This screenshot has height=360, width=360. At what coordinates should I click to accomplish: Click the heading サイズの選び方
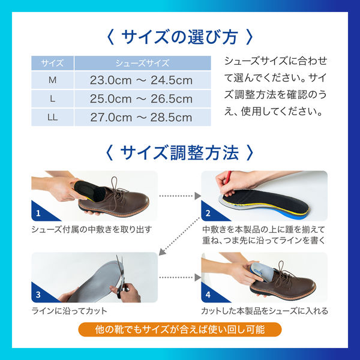(x=179, y=37)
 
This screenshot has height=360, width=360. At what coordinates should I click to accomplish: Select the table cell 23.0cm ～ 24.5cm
(x=142, y=80)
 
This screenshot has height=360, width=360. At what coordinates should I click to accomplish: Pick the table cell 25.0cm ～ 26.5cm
(x=142, y=99)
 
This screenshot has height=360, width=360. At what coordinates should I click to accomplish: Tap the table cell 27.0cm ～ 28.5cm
(x=142, y=118)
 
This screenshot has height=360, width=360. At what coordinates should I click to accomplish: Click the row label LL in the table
(x=52, y=118)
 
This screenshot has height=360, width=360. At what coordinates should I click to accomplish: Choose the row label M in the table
(x=52, y=80)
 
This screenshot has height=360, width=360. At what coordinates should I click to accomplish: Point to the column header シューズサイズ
(x=142, y=62)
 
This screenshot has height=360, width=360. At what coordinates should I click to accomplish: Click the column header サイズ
(x=52, y=62)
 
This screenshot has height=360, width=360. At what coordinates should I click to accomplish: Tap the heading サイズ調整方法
(x=179, y=151)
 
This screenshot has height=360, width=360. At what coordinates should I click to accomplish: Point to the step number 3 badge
(x=38, y=295)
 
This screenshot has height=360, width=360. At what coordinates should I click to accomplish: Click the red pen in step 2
(x=227, y=178)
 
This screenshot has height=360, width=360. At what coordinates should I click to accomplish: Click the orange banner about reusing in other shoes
(x=179, y=329)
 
